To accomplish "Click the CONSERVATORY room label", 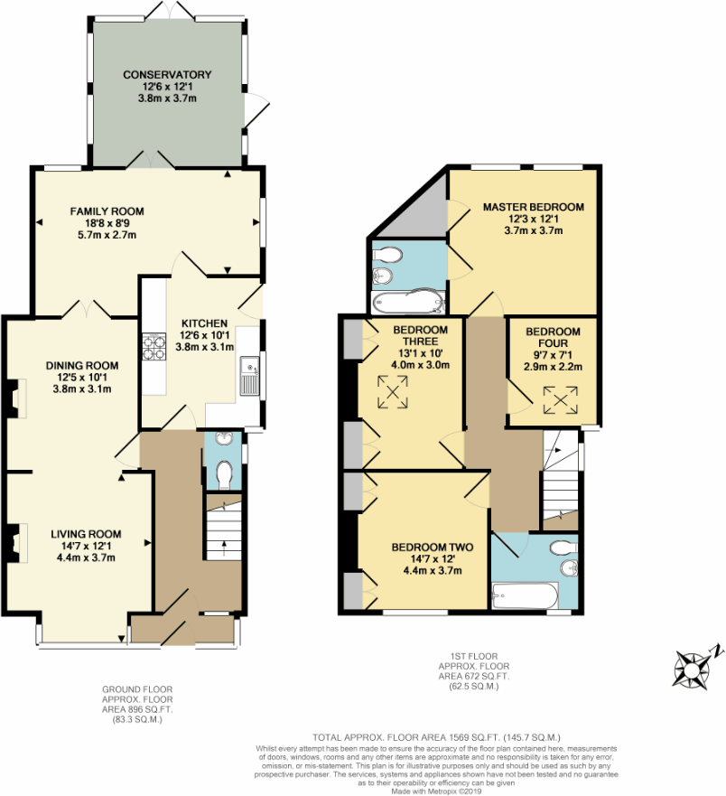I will [167, 74].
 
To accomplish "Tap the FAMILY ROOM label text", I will [107, 211].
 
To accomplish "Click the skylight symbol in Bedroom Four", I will [560, 399].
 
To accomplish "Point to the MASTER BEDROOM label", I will [533, 207].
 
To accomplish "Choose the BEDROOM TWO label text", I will [427, 547].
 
